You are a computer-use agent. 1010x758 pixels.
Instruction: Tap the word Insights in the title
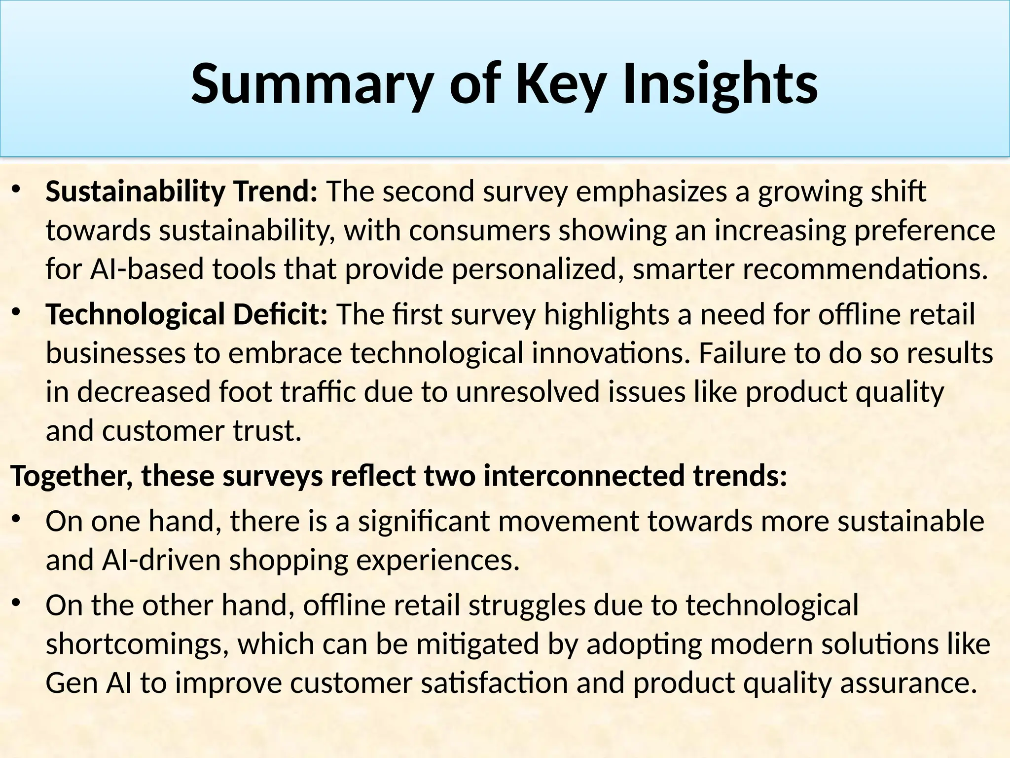click(720, 85)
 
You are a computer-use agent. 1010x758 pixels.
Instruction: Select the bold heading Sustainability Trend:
click(181, 191)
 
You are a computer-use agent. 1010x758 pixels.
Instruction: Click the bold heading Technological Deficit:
click(186, 314)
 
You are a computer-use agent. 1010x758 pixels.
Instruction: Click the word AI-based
click(147, 269)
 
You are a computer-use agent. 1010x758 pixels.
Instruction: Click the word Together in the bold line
click(71, 476)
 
